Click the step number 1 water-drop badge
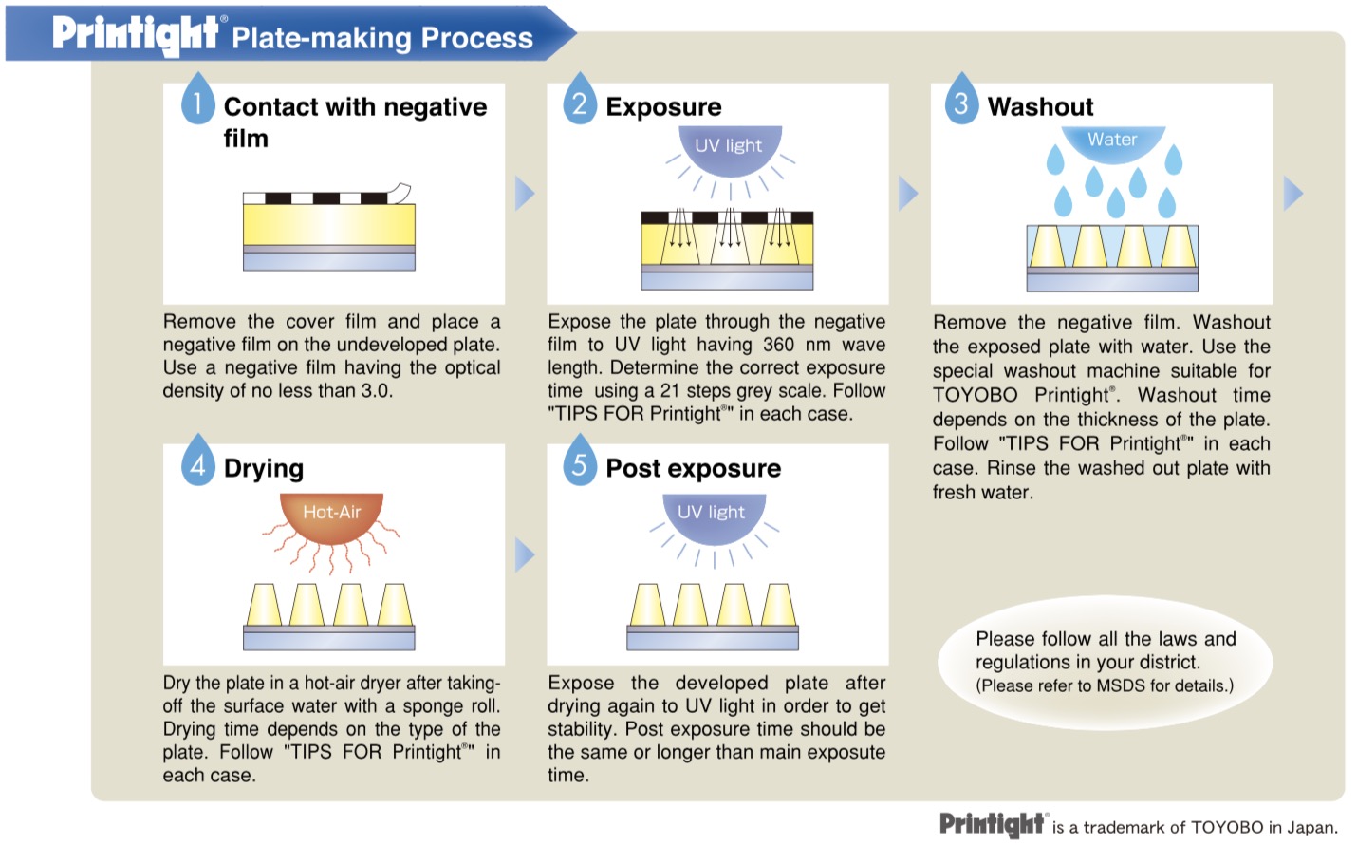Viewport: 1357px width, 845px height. coord(197,100)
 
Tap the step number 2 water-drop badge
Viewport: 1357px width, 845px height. coord(579,100)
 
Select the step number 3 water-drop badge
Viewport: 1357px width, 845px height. coord(961,100)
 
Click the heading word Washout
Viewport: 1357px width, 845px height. coord(1040,106)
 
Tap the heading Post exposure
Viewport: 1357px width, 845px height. coord(693,468)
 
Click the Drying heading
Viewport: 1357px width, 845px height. coord(264,468)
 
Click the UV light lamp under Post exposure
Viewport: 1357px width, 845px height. coord(711,516)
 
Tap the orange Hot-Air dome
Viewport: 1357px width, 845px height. coord(331,516)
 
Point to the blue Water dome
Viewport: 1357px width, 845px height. coord(1112,141)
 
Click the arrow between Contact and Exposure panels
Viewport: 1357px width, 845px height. coord(524,193)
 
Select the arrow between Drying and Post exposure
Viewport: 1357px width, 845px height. coord(524,554)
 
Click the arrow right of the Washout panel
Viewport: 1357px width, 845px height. coord(1292,193)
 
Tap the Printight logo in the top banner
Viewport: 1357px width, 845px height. coord(135,34)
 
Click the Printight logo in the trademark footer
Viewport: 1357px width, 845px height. coord(993,824)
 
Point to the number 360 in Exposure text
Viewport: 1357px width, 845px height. coord(778,345)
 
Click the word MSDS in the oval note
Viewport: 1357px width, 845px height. coord(1121,685)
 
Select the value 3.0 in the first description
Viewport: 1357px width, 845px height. coord(376,390)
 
